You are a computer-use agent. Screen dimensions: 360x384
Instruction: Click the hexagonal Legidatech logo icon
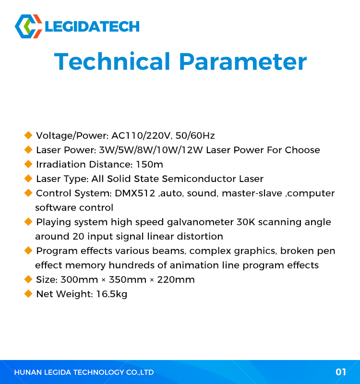28,26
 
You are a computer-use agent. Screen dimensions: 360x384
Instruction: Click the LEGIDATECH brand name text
92,26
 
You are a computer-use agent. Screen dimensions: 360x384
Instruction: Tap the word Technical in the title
112,61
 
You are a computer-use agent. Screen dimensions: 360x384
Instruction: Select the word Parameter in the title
243,61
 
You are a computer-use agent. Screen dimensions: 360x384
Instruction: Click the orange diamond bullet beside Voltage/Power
28,135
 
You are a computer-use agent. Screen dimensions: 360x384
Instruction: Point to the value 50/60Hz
195,135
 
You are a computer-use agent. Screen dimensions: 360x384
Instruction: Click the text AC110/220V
141,135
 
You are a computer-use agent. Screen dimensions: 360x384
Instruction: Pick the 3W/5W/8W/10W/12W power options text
151,150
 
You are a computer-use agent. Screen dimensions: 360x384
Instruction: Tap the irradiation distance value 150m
149,164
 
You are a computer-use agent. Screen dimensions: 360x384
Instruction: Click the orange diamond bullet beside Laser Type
28,179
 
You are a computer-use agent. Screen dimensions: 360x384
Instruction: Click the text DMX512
135,193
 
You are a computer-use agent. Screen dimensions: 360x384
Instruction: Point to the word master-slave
252,193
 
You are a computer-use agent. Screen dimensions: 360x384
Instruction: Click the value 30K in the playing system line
246,222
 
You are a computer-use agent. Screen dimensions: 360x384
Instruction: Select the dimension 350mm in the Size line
127,280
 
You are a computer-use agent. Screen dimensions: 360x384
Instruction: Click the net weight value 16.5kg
112,294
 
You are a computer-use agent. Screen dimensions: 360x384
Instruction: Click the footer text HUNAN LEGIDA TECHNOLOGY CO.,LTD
84,372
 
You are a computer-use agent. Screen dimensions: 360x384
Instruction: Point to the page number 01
341,372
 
